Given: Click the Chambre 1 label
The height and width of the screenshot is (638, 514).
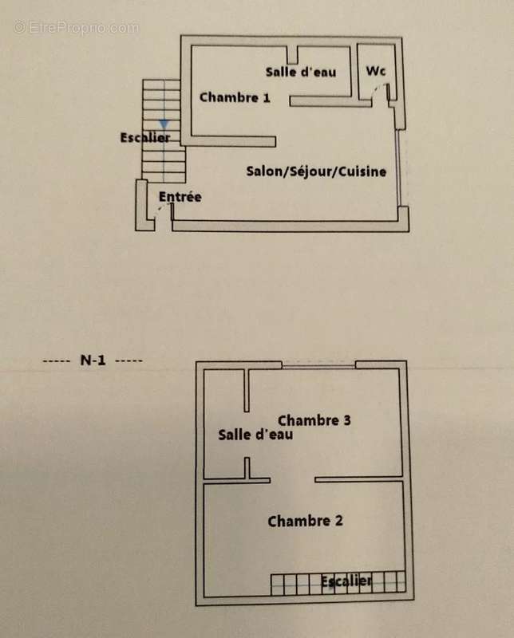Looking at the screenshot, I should point(235,98).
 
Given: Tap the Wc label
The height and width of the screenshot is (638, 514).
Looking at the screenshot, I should point(376,72).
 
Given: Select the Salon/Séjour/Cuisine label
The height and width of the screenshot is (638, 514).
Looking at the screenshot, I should point(316,171).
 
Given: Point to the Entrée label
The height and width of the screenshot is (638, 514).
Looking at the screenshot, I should point(180,197).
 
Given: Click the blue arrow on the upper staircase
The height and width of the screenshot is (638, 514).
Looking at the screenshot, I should point(164,124).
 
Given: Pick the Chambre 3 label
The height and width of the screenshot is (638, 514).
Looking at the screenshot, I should point(314,420).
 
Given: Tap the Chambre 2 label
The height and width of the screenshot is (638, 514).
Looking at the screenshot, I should point(305,522).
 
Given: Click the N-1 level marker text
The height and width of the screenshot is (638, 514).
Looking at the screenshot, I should point(93,360).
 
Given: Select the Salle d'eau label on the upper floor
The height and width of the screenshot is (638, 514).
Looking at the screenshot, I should point(301,72).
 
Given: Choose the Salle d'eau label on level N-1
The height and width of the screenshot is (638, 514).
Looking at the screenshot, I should point(255,435).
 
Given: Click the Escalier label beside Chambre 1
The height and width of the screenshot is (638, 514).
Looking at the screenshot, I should point(145,138).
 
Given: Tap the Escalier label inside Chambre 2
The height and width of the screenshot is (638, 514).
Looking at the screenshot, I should point(346,581).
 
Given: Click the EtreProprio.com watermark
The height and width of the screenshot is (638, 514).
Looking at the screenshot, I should point(76,27).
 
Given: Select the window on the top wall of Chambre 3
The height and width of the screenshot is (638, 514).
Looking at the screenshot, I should point(318,366).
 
